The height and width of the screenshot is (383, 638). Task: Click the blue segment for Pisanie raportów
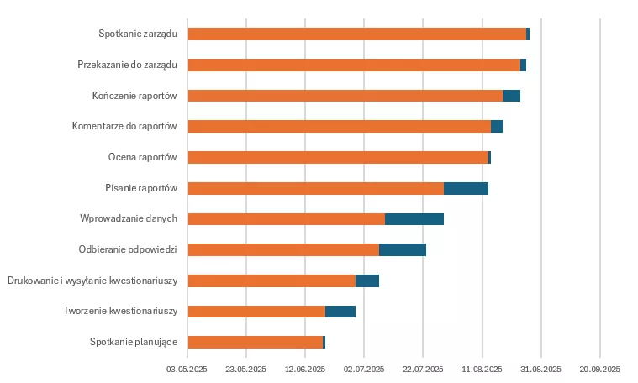tap(466, 188)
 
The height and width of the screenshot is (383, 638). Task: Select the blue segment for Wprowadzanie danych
tap(414, 219)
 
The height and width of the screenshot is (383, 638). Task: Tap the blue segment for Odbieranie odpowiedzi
tap(402, 249)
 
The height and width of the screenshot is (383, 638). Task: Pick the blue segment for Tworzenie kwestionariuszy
tap(340, 312)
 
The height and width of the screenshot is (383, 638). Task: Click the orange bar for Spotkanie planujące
tap(255, 342)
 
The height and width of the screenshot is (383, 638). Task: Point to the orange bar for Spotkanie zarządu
tap(356, 34)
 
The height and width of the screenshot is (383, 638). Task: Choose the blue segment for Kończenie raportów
tap(511, 96)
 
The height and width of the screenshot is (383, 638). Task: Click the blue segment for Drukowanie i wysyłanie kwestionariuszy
tap(366, 281)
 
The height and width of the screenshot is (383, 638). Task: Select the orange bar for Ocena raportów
tap(337, 157)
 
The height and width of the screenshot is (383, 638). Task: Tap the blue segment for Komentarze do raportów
tap(496, 127)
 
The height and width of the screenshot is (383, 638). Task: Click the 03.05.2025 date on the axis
tap(187, 369)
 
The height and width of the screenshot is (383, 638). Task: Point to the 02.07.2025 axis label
tap(364, 369)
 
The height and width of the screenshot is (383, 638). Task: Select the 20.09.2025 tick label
tap(599, 369)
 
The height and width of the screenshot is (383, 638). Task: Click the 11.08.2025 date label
tap(482, 369)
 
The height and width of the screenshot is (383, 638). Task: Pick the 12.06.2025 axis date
tap(305, 369)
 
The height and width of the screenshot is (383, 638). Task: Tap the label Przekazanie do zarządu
tap(127, 65)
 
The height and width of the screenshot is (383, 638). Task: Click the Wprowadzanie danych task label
tap(129, 218)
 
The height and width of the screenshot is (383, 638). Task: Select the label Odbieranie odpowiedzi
tap(128, 249)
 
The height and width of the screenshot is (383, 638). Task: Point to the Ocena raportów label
tap(142, 157)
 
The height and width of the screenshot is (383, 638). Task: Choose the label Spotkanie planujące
tap(133, 342)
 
